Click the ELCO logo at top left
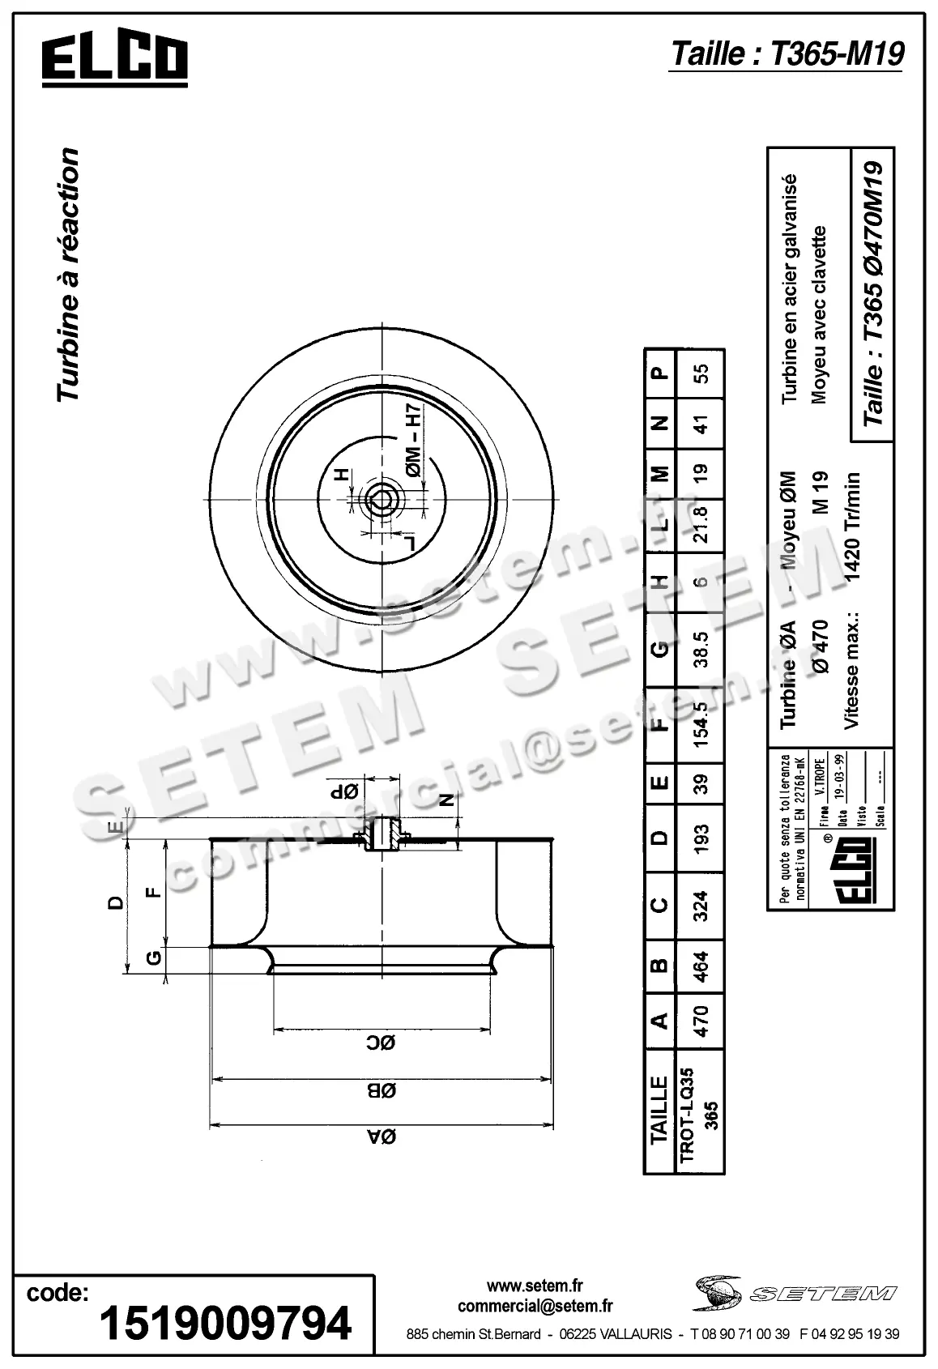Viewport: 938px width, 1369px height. [x=114, y=60]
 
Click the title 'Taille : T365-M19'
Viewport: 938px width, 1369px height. [x=786, y=53]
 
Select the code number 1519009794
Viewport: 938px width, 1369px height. [x=225, y=1324]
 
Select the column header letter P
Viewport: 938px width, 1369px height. [x=661, y=373]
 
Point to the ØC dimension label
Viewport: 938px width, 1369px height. [x=384, y=1043]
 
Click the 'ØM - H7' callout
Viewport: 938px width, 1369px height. [x=413, y=442]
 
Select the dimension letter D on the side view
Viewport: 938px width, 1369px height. [x=116, y=902]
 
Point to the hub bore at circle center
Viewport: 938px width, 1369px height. [x=381, y=500]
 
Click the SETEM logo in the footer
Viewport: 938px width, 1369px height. [x=795, y=1293]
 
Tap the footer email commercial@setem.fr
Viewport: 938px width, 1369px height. [x=535, y=1306]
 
